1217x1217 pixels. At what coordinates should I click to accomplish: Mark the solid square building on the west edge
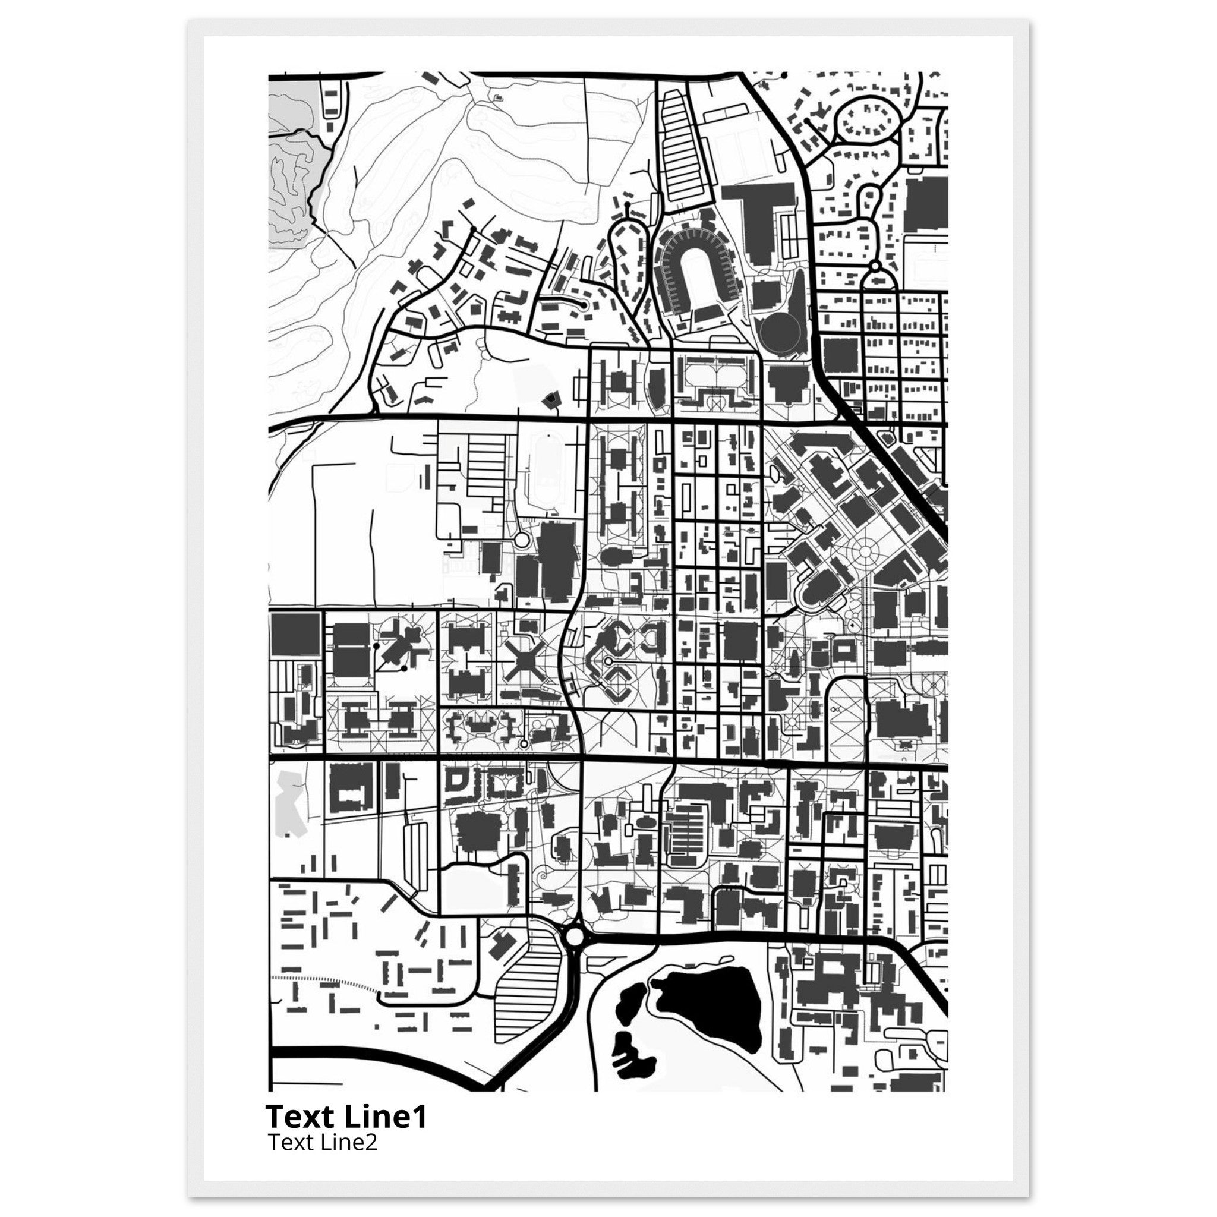(x=295, y=635)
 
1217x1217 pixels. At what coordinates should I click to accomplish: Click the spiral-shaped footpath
(x=541, y=875)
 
